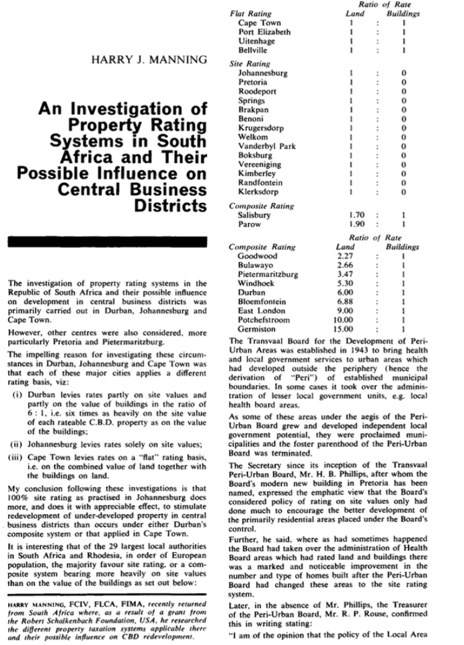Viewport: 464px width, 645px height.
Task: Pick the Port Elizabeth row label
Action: pos(264,32)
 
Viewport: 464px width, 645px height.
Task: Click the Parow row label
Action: pos(249,224)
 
